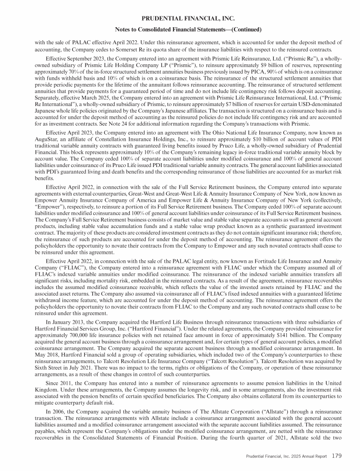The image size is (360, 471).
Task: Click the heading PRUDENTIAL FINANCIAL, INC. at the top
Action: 180,19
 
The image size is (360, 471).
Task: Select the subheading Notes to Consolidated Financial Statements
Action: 180,30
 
